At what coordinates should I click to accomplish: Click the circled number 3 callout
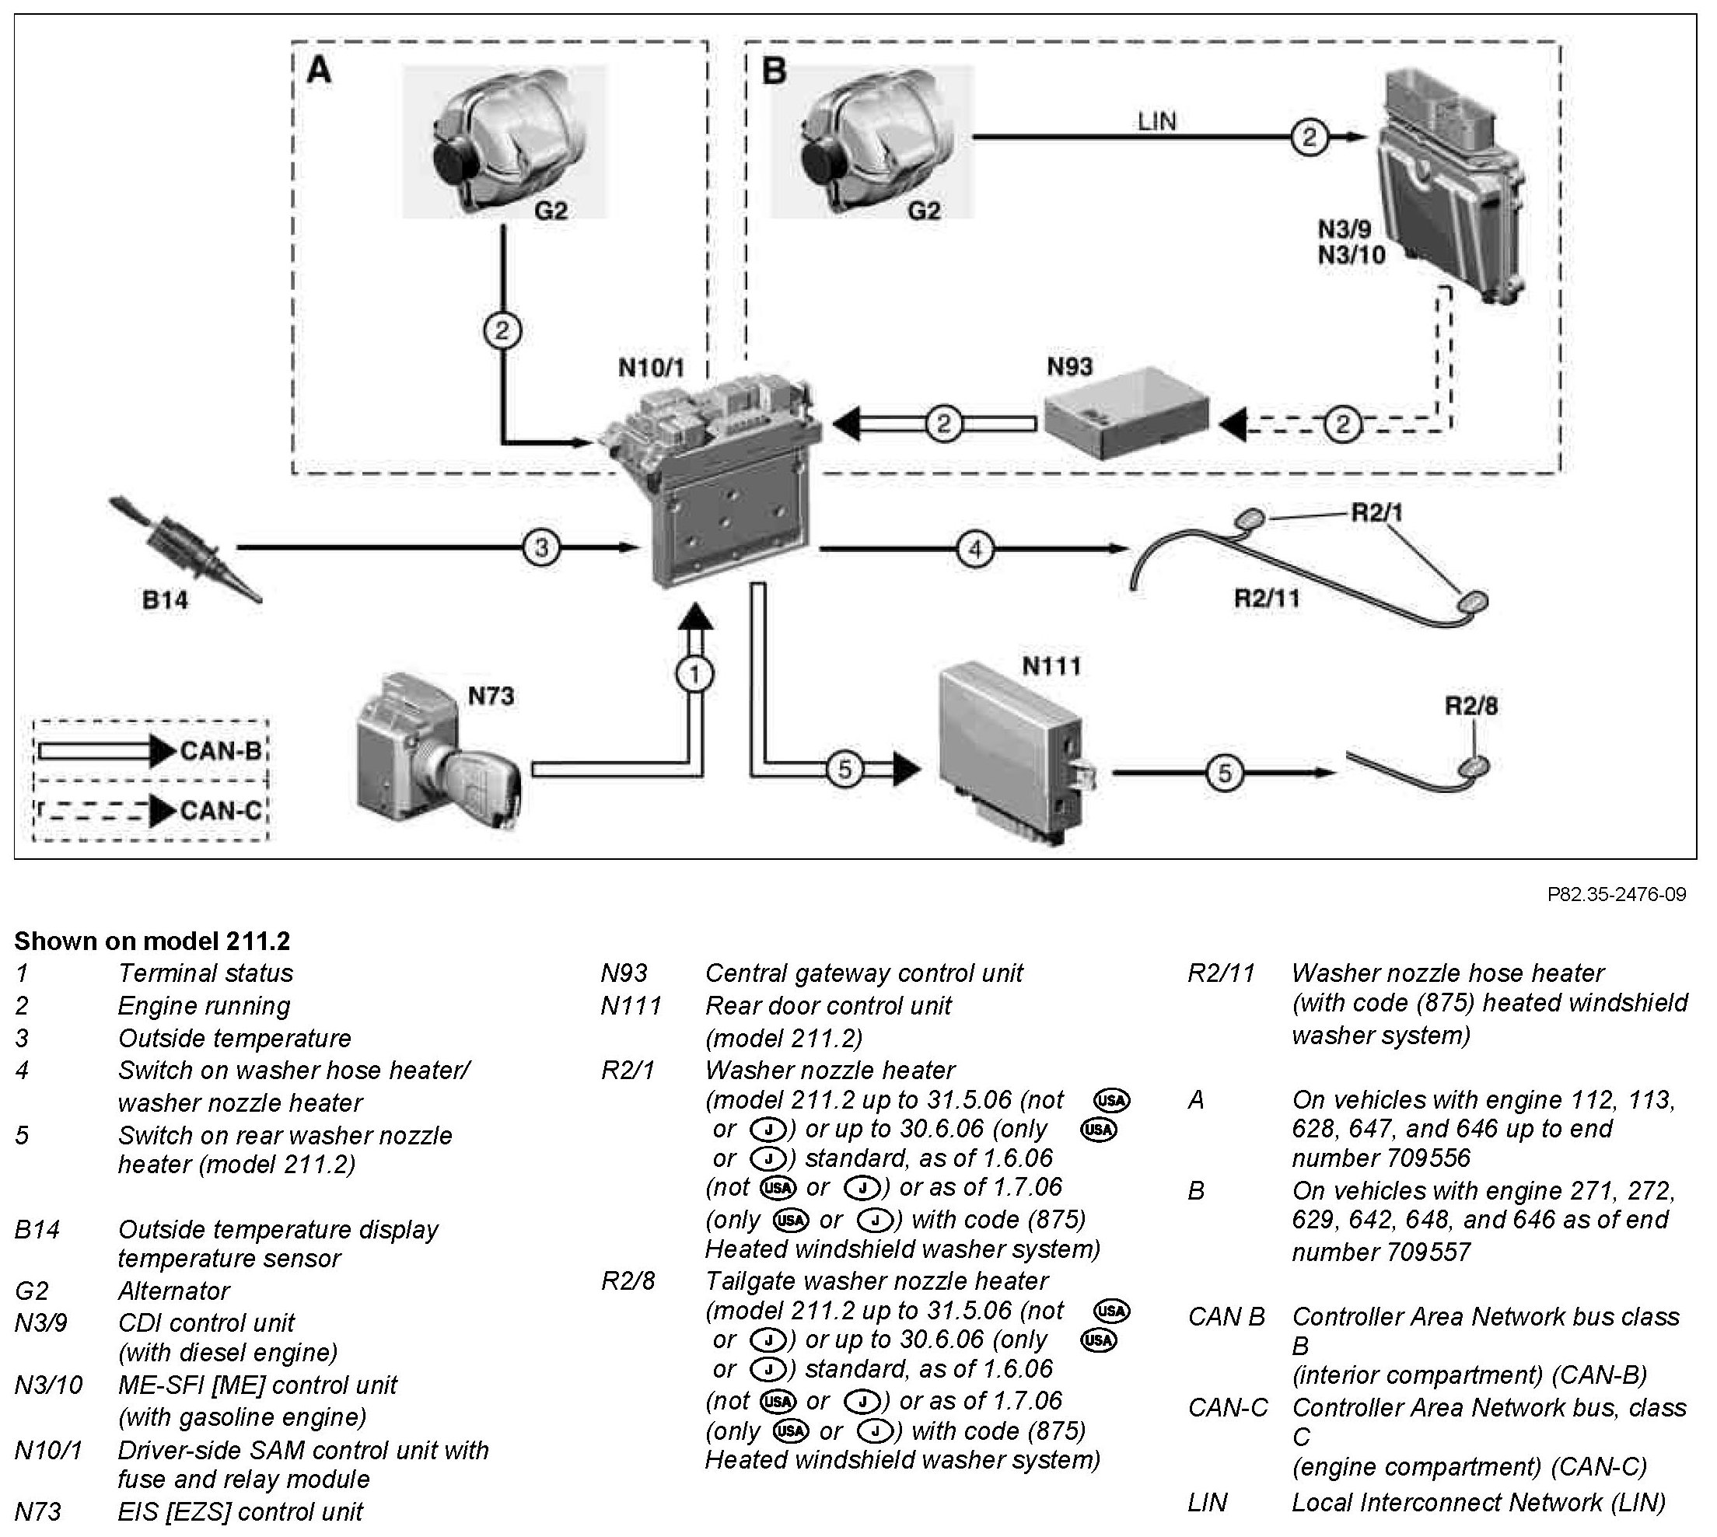click(541, 548)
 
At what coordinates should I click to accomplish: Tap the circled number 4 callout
click(974, 550)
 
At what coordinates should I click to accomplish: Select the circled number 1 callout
click(695, 674)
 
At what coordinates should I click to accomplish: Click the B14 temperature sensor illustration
click(185, 548)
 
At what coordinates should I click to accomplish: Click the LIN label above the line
click(1157, 121)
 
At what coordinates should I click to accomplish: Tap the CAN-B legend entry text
click(222, 751)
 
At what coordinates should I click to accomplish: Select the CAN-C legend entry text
click(222, 811)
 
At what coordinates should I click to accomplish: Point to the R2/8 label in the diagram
click(1471, 706)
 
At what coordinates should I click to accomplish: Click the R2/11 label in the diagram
click(1267, 599)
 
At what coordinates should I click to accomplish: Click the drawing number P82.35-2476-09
click(1617, 894)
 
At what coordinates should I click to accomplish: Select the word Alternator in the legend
click(173, 1291)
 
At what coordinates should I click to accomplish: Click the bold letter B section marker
click(775, 71)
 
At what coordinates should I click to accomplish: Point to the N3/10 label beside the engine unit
click(1352, 254)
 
